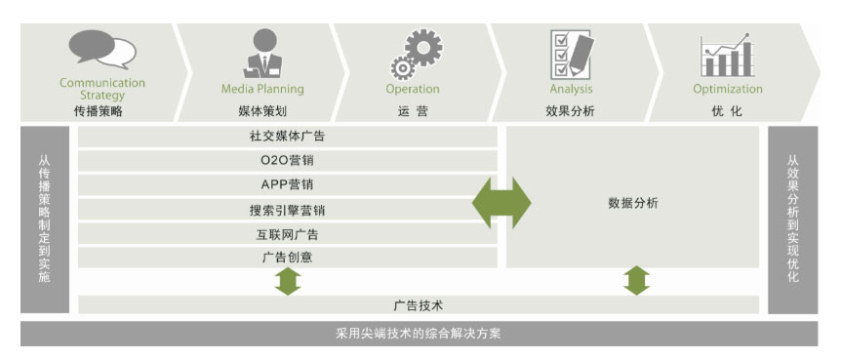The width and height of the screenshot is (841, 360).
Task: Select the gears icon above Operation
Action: [416, 55]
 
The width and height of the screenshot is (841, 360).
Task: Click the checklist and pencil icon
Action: [572, 55]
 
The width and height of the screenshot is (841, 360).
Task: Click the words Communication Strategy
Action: [102, 89]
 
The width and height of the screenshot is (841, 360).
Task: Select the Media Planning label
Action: [262, 89]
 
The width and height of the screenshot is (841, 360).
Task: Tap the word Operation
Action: [413, 89]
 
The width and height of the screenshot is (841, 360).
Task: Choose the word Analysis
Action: [571, 89]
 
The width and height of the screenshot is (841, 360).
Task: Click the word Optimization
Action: [728, 89]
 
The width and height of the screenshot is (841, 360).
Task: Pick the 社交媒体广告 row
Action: [288, 137]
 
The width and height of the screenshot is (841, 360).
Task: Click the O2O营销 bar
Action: [288, 160]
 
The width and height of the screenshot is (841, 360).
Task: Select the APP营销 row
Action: [288, 185]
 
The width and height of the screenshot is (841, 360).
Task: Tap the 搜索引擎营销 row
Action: [288, 210]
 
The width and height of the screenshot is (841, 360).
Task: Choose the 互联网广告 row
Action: [288, 234]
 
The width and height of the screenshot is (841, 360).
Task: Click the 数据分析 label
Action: [633, 203]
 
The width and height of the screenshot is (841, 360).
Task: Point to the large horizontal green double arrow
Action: [501, 203]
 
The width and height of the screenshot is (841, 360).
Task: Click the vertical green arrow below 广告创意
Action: [288, 281]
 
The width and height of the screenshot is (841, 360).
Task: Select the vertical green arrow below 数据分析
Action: [637, 281]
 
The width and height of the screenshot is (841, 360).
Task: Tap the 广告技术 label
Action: [419, 305]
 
